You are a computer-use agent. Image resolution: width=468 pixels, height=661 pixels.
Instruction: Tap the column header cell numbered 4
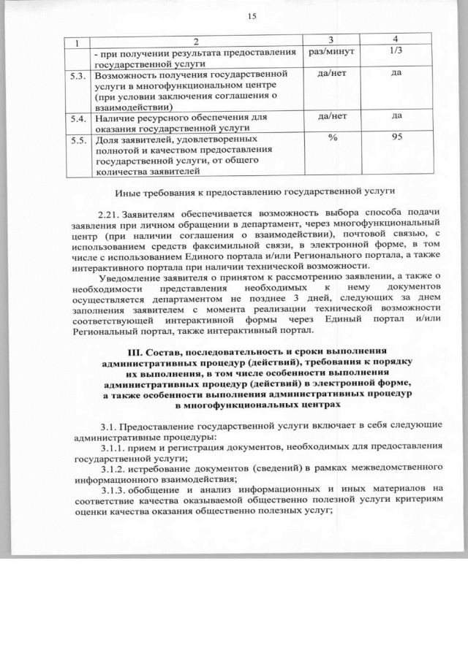coord(396,39)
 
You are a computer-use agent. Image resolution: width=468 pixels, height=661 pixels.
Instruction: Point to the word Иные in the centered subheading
coord(129,194)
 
